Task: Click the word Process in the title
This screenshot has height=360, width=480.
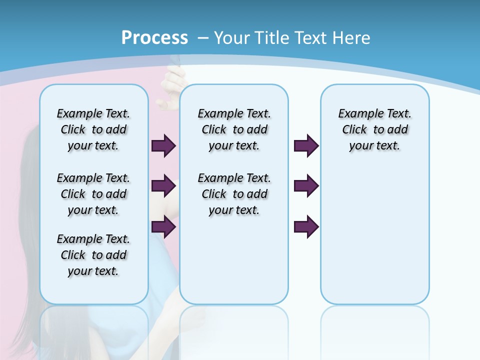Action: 154,38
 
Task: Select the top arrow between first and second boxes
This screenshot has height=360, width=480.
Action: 163,145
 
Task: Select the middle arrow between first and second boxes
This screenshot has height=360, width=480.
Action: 163,186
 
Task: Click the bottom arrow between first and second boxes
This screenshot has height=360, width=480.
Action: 163,227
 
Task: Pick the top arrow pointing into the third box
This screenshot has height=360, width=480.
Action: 305,145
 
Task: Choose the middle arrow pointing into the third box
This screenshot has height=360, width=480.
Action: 305,186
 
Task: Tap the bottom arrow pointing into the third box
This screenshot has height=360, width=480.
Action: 305,227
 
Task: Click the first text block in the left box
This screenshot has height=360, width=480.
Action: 93,129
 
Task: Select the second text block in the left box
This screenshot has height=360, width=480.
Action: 93,194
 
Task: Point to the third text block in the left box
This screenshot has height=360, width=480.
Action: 93,255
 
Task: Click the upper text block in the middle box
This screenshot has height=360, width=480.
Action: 234,129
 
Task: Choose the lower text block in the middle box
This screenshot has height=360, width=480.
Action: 234,194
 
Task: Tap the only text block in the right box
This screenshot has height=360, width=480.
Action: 374,129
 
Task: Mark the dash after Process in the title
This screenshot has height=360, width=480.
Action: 203,38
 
